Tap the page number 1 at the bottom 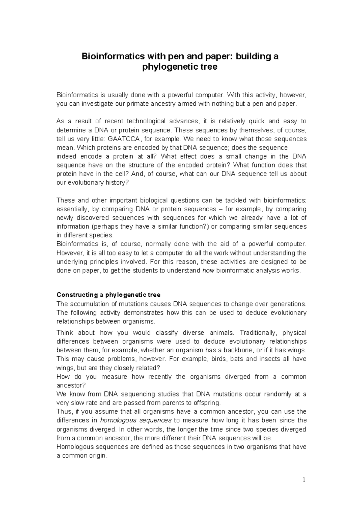304,480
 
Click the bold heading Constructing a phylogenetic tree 108,295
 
